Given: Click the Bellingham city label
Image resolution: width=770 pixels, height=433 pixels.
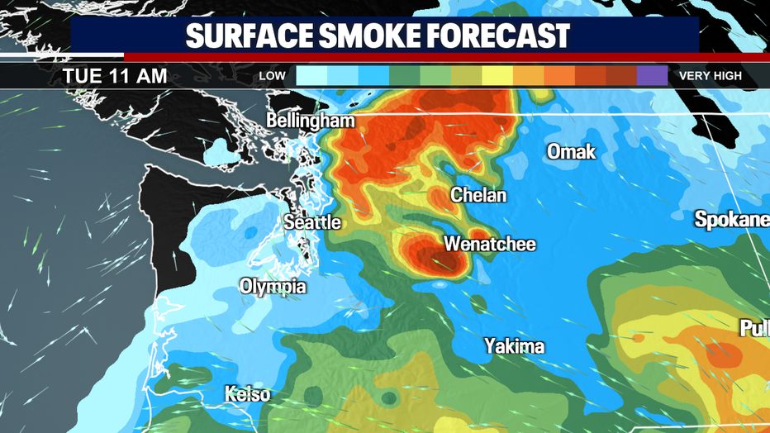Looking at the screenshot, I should [x=310, y=121].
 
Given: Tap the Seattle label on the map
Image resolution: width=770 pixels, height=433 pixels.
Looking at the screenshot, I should [x=311, y=222].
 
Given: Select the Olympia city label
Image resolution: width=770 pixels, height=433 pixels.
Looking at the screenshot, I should [x=273, y=287].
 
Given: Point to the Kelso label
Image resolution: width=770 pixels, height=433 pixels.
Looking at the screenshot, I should [x=247, y=394].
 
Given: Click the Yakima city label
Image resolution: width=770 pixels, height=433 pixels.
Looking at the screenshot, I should [x=514, y=345].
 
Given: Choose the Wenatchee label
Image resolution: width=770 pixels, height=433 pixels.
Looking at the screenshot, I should [x=490, y=244].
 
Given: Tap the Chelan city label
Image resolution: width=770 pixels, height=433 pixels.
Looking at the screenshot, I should [x=478, y=196].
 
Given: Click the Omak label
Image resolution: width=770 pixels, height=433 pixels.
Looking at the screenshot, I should [x=571, y=152].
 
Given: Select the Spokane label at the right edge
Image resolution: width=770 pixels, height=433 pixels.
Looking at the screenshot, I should [x=731, y=220].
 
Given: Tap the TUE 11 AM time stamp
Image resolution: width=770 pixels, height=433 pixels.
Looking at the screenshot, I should [x=115, y=76].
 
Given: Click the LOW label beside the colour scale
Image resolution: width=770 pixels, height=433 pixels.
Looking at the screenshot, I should [x=273, y=76].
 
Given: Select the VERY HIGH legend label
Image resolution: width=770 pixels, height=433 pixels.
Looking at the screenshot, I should [x=711, y=76].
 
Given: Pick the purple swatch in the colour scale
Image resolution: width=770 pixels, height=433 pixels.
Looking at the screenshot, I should [x=652, y=76].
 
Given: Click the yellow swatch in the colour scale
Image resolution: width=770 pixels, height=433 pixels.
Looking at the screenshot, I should [x=497, y=76].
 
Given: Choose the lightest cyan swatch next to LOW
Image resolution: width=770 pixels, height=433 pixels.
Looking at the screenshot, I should [x=311, y=76].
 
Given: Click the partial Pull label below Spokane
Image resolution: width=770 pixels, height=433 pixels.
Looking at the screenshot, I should [x=753, y=328].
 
